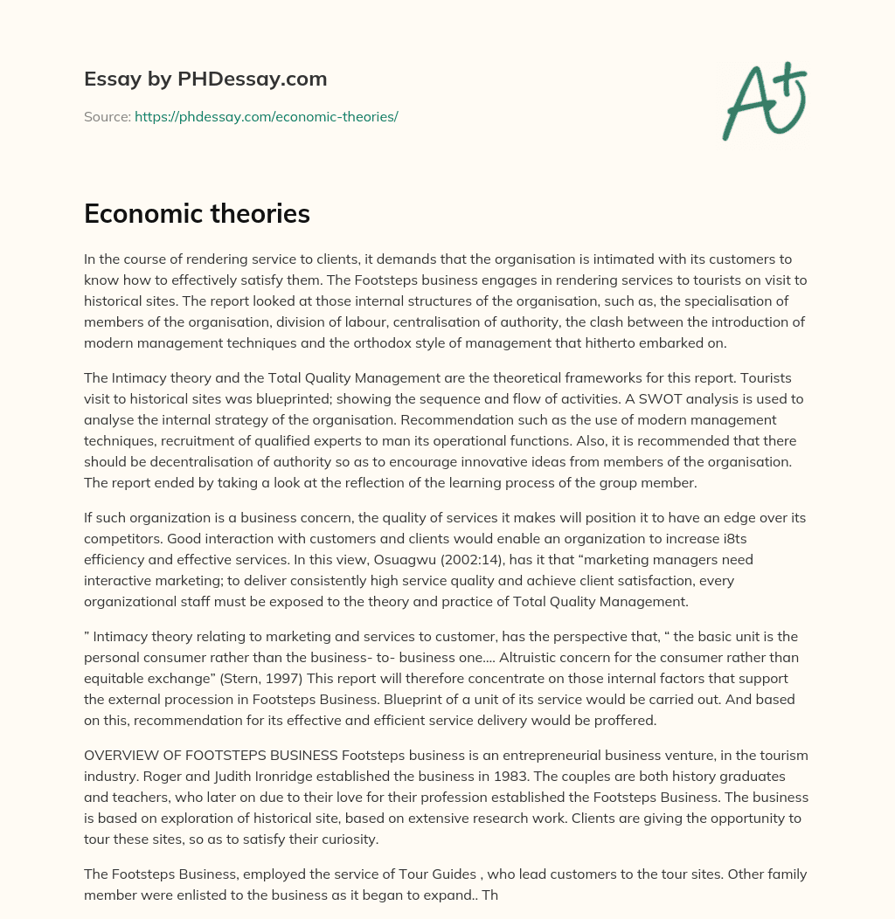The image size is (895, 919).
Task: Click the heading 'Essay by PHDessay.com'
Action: point(205,79)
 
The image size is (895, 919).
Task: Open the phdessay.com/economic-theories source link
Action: point(267,116)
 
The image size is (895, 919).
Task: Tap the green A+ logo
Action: point(764,100)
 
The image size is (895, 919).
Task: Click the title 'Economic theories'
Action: point(197,214)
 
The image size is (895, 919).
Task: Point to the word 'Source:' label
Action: point(107,116)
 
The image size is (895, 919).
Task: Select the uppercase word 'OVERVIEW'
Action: point(122,755)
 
